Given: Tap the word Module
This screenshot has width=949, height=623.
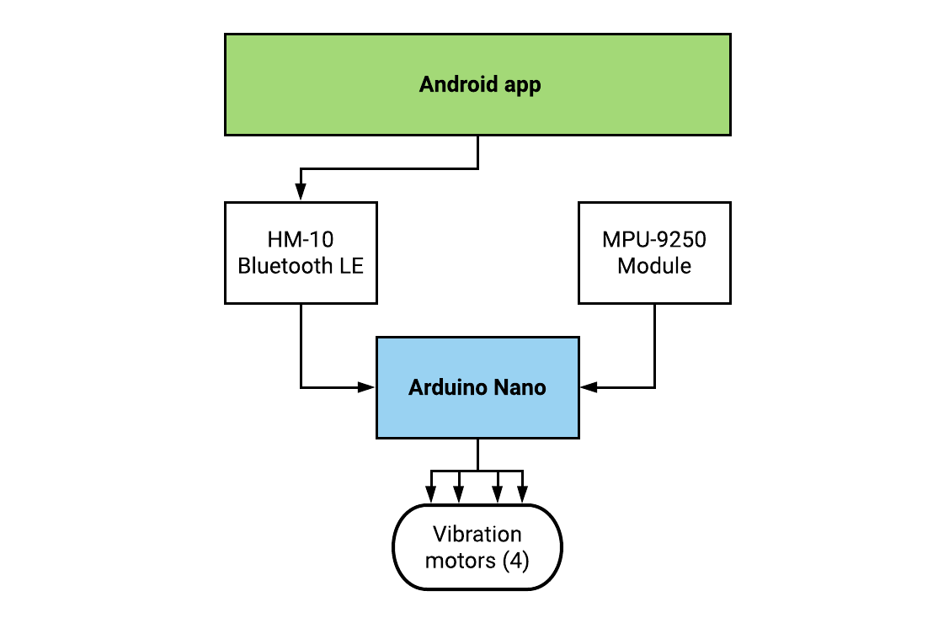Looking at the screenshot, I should pos(654,266).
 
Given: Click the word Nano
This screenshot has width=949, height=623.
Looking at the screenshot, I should pos(520,387).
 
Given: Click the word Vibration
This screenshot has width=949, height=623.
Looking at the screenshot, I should pos(477,534).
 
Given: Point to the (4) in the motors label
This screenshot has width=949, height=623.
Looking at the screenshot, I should pos(514,561).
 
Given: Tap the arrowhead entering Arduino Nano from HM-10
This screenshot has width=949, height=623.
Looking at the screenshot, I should pos(367,387).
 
